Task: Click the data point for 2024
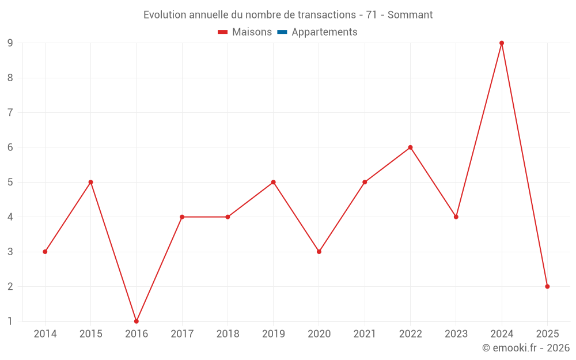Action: [x=502, y=43]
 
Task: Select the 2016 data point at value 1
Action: [x=137, y=321]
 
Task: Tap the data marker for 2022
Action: [x=410, y=147]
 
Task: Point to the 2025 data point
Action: [x=547, y=286]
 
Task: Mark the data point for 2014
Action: [x=45, y=252]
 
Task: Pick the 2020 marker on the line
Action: [x=319, y=252]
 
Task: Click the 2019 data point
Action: [x=273, y=182]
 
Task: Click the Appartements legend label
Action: [x=324, y=32]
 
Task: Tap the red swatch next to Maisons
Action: [x=223, y=32]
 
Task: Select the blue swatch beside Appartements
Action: [x=282, y=32]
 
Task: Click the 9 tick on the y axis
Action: [x=10, y=43]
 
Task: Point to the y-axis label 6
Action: [x=10, y=147]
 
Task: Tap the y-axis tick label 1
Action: [x=10, y=321]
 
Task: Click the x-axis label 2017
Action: [x=182, y=334]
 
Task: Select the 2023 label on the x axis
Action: [x=456, y=334]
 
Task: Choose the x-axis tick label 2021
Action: [x=365, y=334]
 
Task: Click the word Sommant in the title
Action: [x=410, y=15]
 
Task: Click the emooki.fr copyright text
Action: [x=525, y=348]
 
